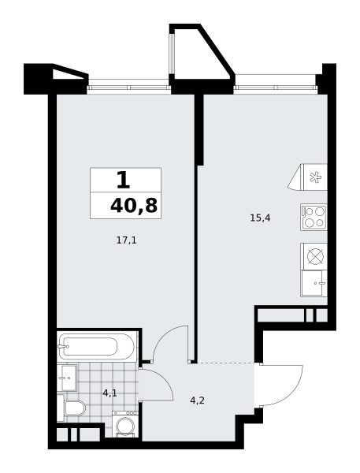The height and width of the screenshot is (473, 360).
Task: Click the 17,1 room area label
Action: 127,240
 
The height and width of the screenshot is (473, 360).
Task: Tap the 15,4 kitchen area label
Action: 260,218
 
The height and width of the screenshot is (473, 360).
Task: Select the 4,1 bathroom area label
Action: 109,393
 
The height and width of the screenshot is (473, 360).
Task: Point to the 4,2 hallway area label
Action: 198,400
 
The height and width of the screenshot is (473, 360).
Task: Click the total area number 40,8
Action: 134,207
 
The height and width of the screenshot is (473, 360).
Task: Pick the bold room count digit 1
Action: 124,180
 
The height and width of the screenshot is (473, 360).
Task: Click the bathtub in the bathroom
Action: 96,346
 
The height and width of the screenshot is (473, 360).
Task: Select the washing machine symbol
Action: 125,424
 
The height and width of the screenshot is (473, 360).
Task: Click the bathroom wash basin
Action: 67,378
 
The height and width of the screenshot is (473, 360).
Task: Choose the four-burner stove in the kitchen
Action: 314,218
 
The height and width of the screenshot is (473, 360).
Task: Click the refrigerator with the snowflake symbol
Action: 308,177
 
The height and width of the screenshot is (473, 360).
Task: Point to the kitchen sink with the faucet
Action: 314,283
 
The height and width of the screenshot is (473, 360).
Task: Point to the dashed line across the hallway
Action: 225,363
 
